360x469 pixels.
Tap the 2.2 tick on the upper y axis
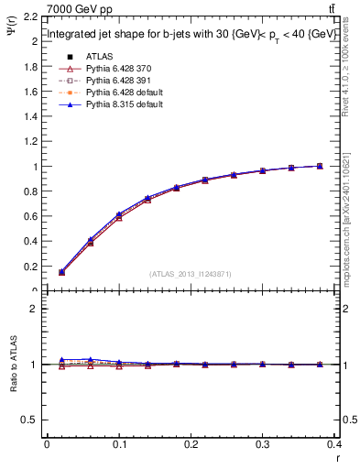click(31, 17)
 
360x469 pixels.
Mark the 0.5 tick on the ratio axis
click(31, 420)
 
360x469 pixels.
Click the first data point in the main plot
click(61, 272)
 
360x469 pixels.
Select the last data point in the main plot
click(319, 166)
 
